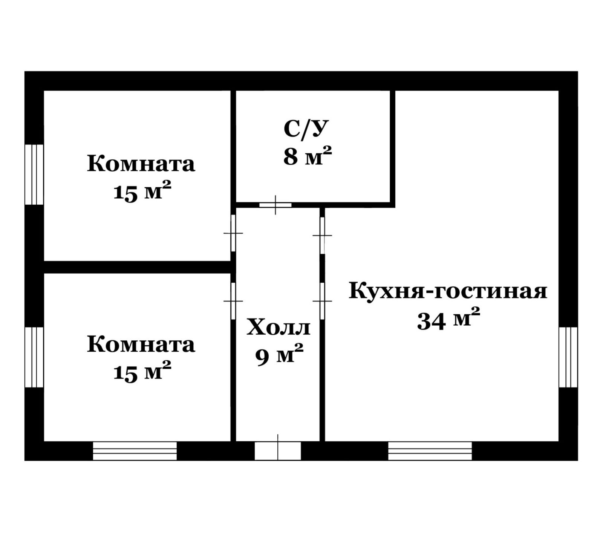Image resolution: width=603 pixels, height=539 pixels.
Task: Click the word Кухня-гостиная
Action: point(448,292)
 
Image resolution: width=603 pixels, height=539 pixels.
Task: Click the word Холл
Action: point(279,328)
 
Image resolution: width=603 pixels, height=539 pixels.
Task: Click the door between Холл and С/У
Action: point(275,205)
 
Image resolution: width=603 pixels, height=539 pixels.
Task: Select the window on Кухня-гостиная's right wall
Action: point(568,357)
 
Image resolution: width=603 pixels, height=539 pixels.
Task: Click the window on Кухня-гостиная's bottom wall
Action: point(430,451)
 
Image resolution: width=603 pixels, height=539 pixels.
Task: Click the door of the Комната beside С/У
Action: point(233,233)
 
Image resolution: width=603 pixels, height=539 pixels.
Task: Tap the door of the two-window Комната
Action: point(233,301)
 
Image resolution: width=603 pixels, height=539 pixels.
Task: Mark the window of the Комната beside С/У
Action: point(34,175)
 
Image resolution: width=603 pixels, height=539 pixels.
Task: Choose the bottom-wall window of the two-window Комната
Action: point(135,451)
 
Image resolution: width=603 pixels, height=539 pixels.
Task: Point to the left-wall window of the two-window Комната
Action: point(34,357)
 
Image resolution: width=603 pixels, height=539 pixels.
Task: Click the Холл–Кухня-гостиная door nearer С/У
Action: point(322,235)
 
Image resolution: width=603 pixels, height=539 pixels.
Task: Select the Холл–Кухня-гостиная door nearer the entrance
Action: point(322,301)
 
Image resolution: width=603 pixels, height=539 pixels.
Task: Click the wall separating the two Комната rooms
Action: point(138,267)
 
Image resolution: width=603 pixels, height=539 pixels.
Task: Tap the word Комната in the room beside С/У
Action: point(141,165)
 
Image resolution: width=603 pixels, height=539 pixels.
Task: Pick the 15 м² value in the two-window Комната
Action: point(142,372)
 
